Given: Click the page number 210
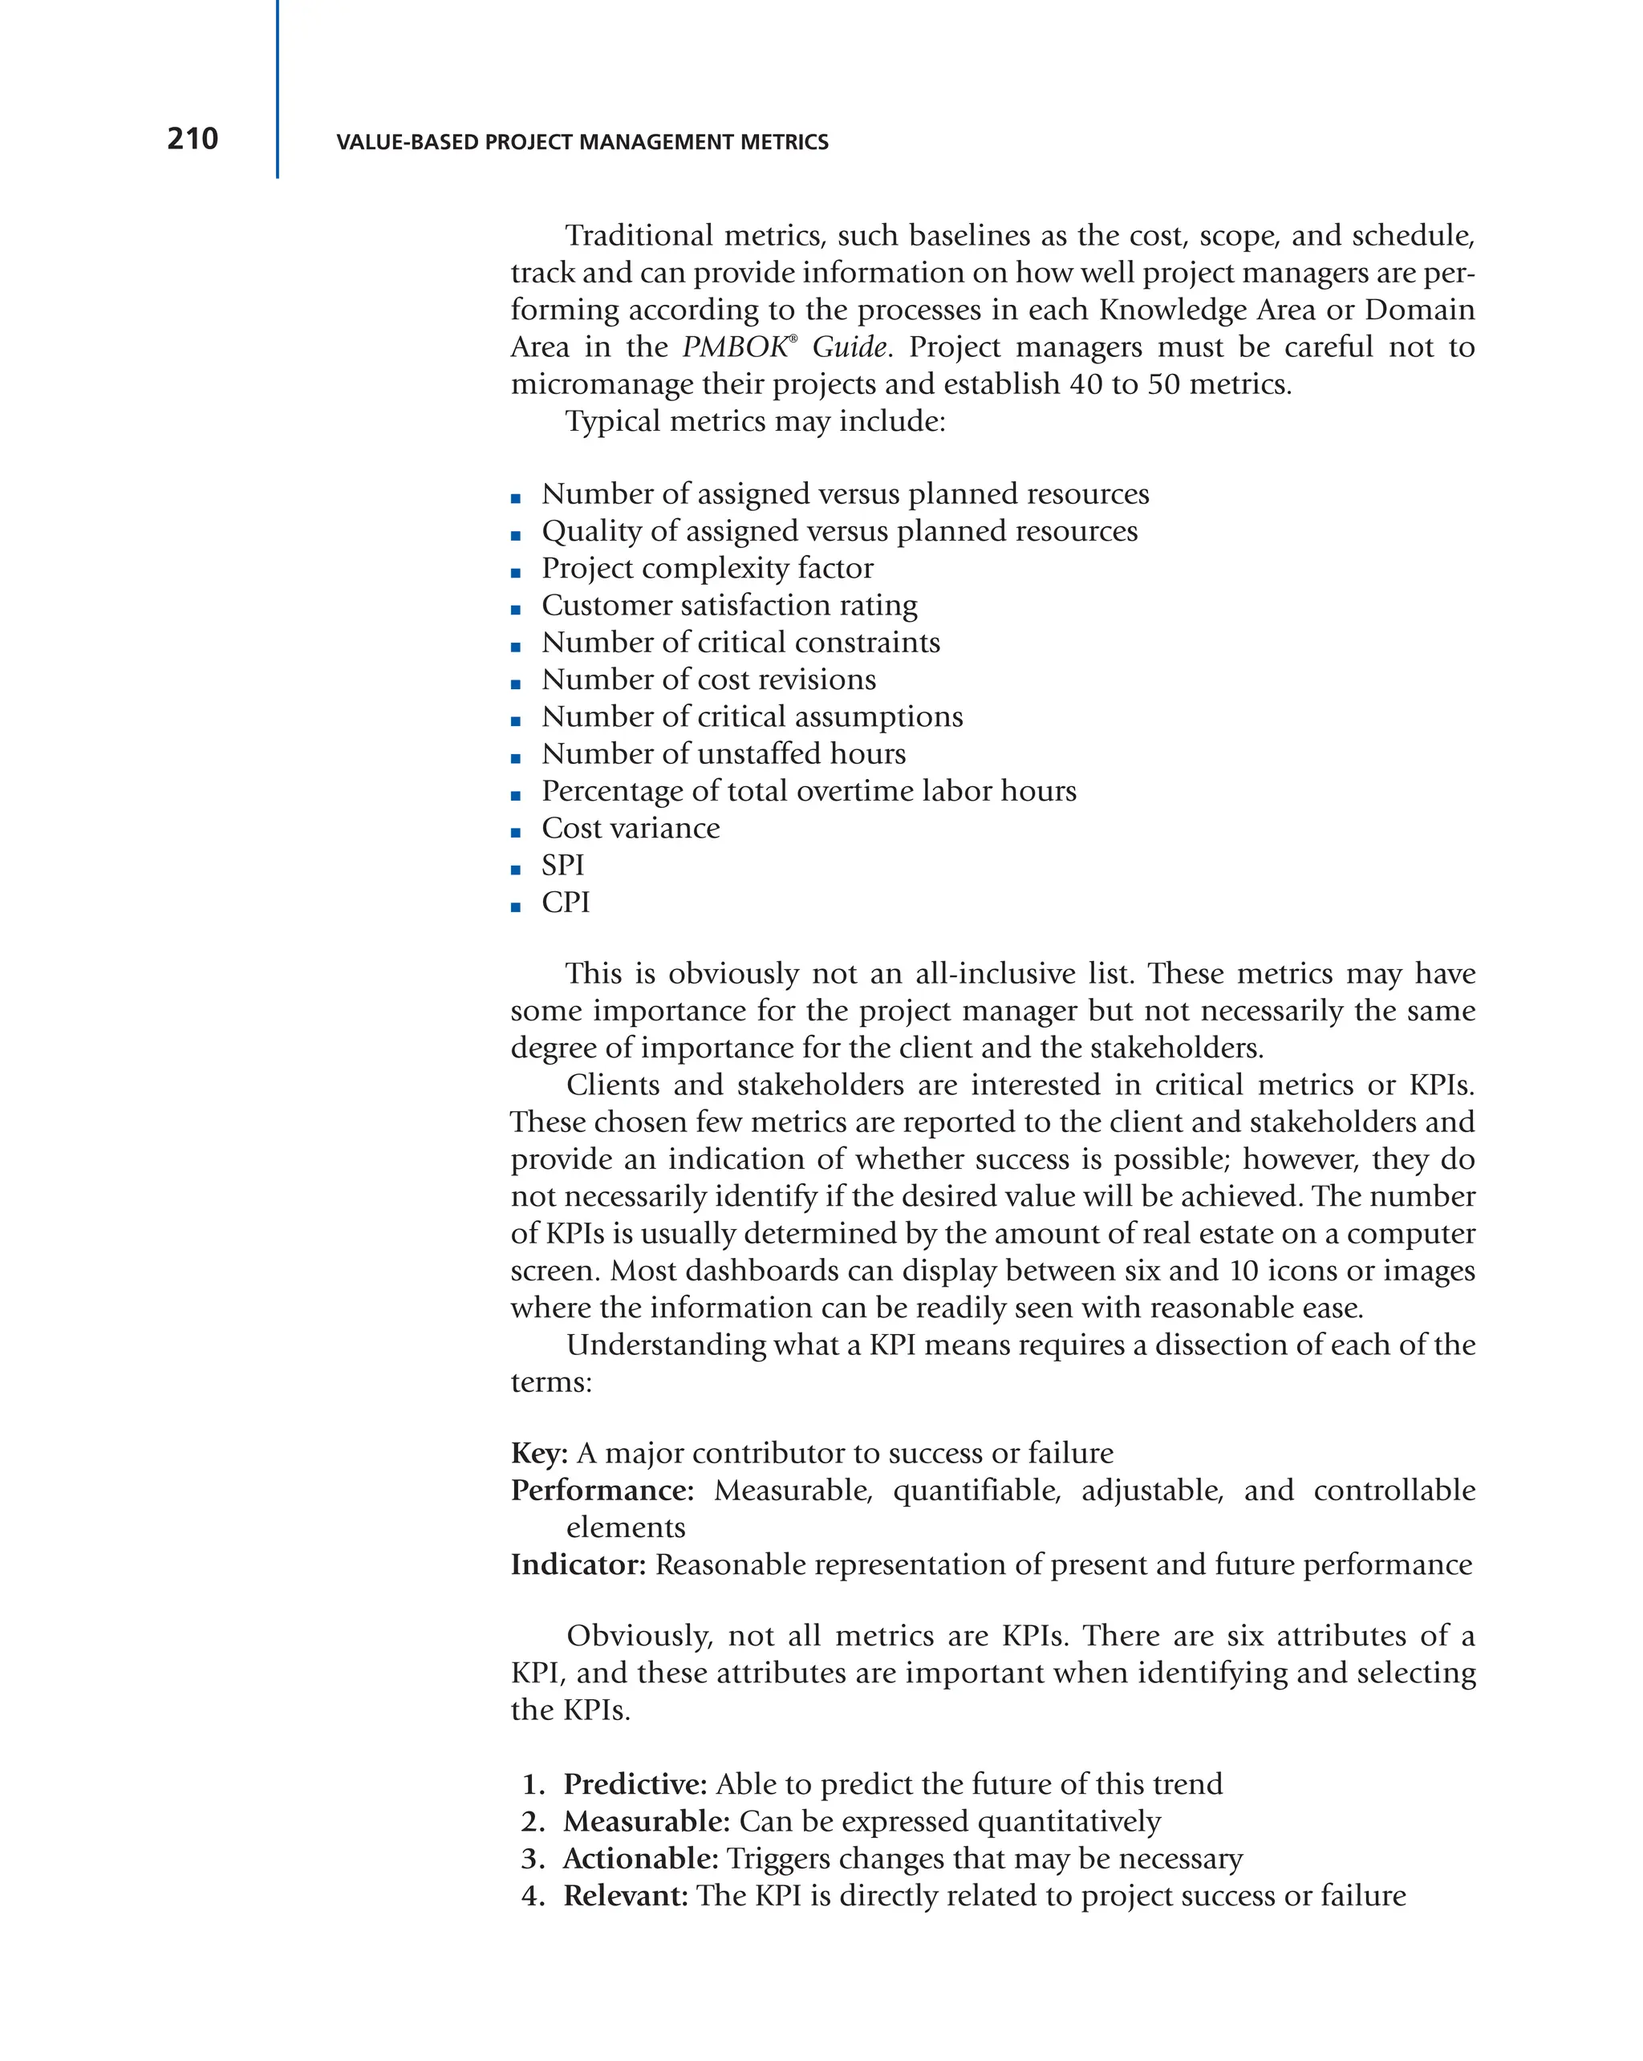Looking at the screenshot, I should click(x=192, y=139).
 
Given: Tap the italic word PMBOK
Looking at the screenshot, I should click(x=734, y=346).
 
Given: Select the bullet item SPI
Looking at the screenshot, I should click(x=562, y=865).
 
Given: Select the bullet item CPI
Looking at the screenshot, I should click(x=565, y=903).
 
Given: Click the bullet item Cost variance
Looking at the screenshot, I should click(x=630, y=828).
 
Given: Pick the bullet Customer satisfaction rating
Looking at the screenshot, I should click(x=728, y=605).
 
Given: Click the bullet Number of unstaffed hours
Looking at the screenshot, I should click(x=723, y=753).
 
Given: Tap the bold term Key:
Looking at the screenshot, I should click(x=539, y=1453).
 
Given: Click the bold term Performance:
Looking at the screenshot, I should click(x=601, y=1491).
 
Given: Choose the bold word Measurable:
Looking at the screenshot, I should click(x=646, y=1821).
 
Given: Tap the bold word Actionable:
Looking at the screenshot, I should click(x=640, y=1858).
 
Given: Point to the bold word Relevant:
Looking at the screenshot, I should click(x=625, y=1896).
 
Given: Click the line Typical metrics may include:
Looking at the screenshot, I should click(x=754, y=420).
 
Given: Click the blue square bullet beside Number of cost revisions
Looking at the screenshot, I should click(x=515, y=684).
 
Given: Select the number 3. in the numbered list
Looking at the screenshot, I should click(x=533, y=1858).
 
